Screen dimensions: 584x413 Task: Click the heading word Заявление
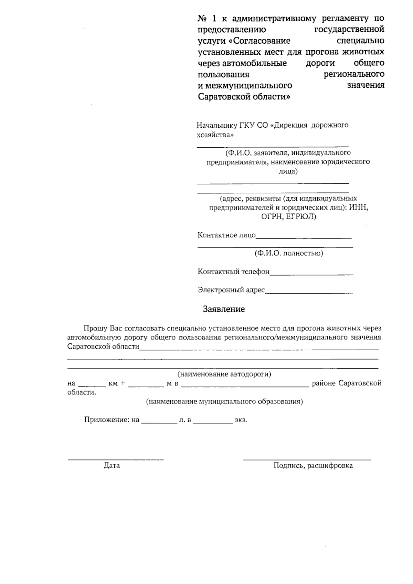(x=224, y=309)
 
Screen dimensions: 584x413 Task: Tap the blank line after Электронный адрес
(x=309, y=293)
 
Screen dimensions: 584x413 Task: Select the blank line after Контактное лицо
(x=304, y=237)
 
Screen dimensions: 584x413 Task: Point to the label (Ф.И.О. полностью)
(x=288, y=254)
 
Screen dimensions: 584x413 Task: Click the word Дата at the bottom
(x=112, y=466)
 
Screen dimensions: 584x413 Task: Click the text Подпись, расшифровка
(x=313, y=466)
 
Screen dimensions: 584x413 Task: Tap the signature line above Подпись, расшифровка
(x=307, y=459)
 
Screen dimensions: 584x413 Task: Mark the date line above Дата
(x=115, y=459)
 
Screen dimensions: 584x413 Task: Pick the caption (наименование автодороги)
(x=224, y=374)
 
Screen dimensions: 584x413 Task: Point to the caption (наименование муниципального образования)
(x=224, y=402)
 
